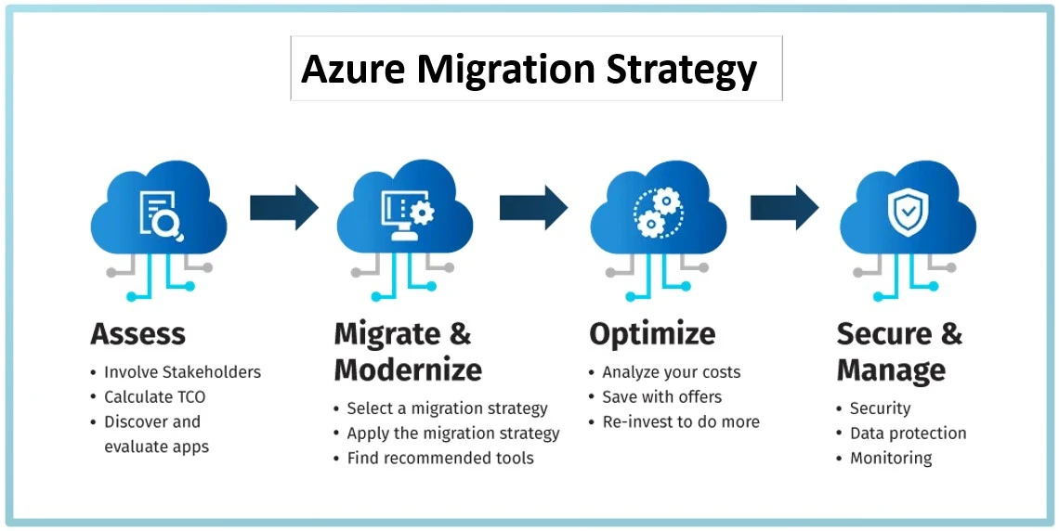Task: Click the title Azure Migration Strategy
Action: point(529,70)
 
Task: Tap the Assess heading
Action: point(137,333)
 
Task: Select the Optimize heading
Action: point(652,333)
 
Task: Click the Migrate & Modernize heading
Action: point(408,352)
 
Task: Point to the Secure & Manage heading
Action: point(899,352)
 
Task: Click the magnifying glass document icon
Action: point(160,214)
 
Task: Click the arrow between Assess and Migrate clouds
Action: point(283,208)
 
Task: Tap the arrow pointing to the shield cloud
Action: point(784,208)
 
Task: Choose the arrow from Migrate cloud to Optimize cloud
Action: point(533,208)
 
